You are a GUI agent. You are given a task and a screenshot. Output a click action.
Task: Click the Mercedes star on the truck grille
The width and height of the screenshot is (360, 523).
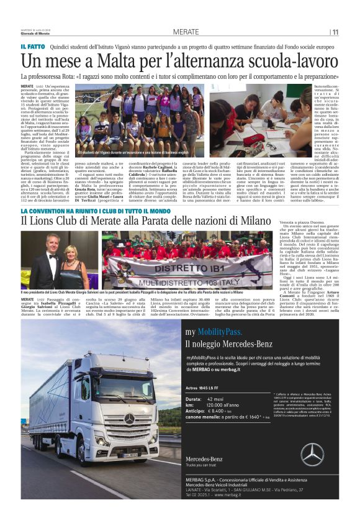[129, 419]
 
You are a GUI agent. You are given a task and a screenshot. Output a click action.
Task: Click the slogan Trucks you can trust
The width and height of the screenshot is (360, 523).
[204, 483]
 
